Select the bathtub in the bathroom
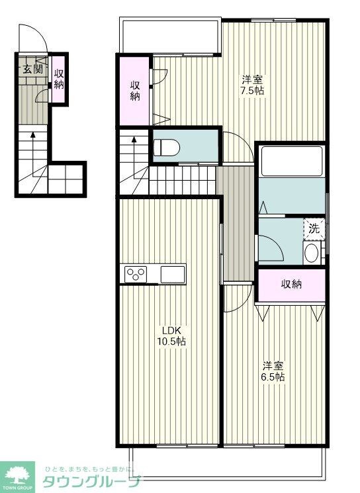point(291,161)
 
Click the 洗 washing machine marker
point(314,228)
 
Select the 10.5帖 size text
point(171,342)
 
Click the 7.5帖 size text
point(252,91)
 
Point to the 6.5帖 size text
point(273,377)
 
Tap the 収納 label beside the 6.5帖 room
point(291,285)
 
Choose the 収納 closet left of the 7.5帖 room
point(135,91)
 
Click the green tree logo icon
point(18,474)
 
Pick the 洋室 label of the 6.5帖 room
point(273,365)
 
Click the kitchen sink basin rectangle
point(173,273)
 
